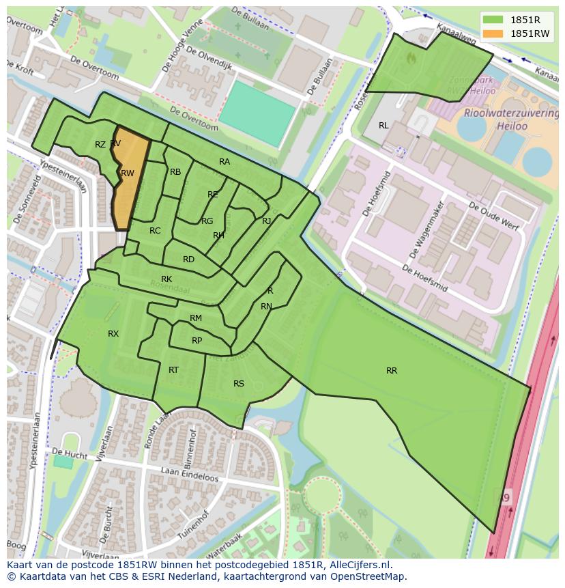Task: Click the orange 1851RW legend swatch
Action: click(493, 33)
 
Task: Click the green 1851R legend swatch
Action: click(493, 20)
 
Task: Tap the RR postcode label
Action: click(392, 371)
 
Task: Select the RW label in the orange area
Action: click(128, 173)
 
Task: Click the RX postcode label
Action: click(113, 334)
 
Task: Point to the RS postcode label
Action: click(239, 384)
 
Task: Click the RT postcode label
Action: click(173, 370)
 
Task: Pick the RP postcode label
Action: click(197, 341)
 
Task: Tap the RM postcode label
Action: click(196, 318)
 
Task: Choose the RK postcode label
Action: click(166, 279)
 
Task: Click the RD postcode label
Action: click(189, 260)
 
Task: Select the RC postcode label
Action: click(155, 231)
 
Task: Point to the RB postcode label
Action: click(175, 172)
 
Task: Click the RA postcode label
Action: click(224, 162)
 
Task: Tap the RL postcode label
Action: click(383, 126)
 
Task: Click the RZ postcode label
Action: click(100, 145)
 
